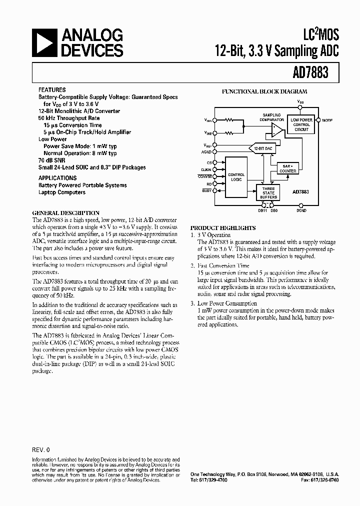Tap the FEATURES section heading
pyautogui.click(x=52, y=90)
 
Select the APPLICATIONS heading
pyautogui.click(x=57, y=177)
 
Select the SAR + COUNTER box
pyautogui.click(x=288, y=168)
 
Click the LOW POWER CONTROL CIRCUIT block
pyautogui.click(x=301, y=125)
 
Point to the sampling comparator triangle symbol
pyautogui.click(x=276, y=131)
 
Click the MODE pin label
pyautogui.click(x=327, y=120)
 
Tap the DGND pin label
pyautogui.click(x=301, y=210)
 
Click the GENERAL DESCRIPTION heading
pyautogui.click(x=66, y=212)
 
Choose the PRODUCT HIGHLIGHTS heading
pyautogui.click(x=223, y=227)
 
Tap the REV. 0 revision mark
pyautogui.click(x=41, y=449)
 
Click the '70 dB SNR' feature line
pyautogui.click(x=53, y=160)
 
